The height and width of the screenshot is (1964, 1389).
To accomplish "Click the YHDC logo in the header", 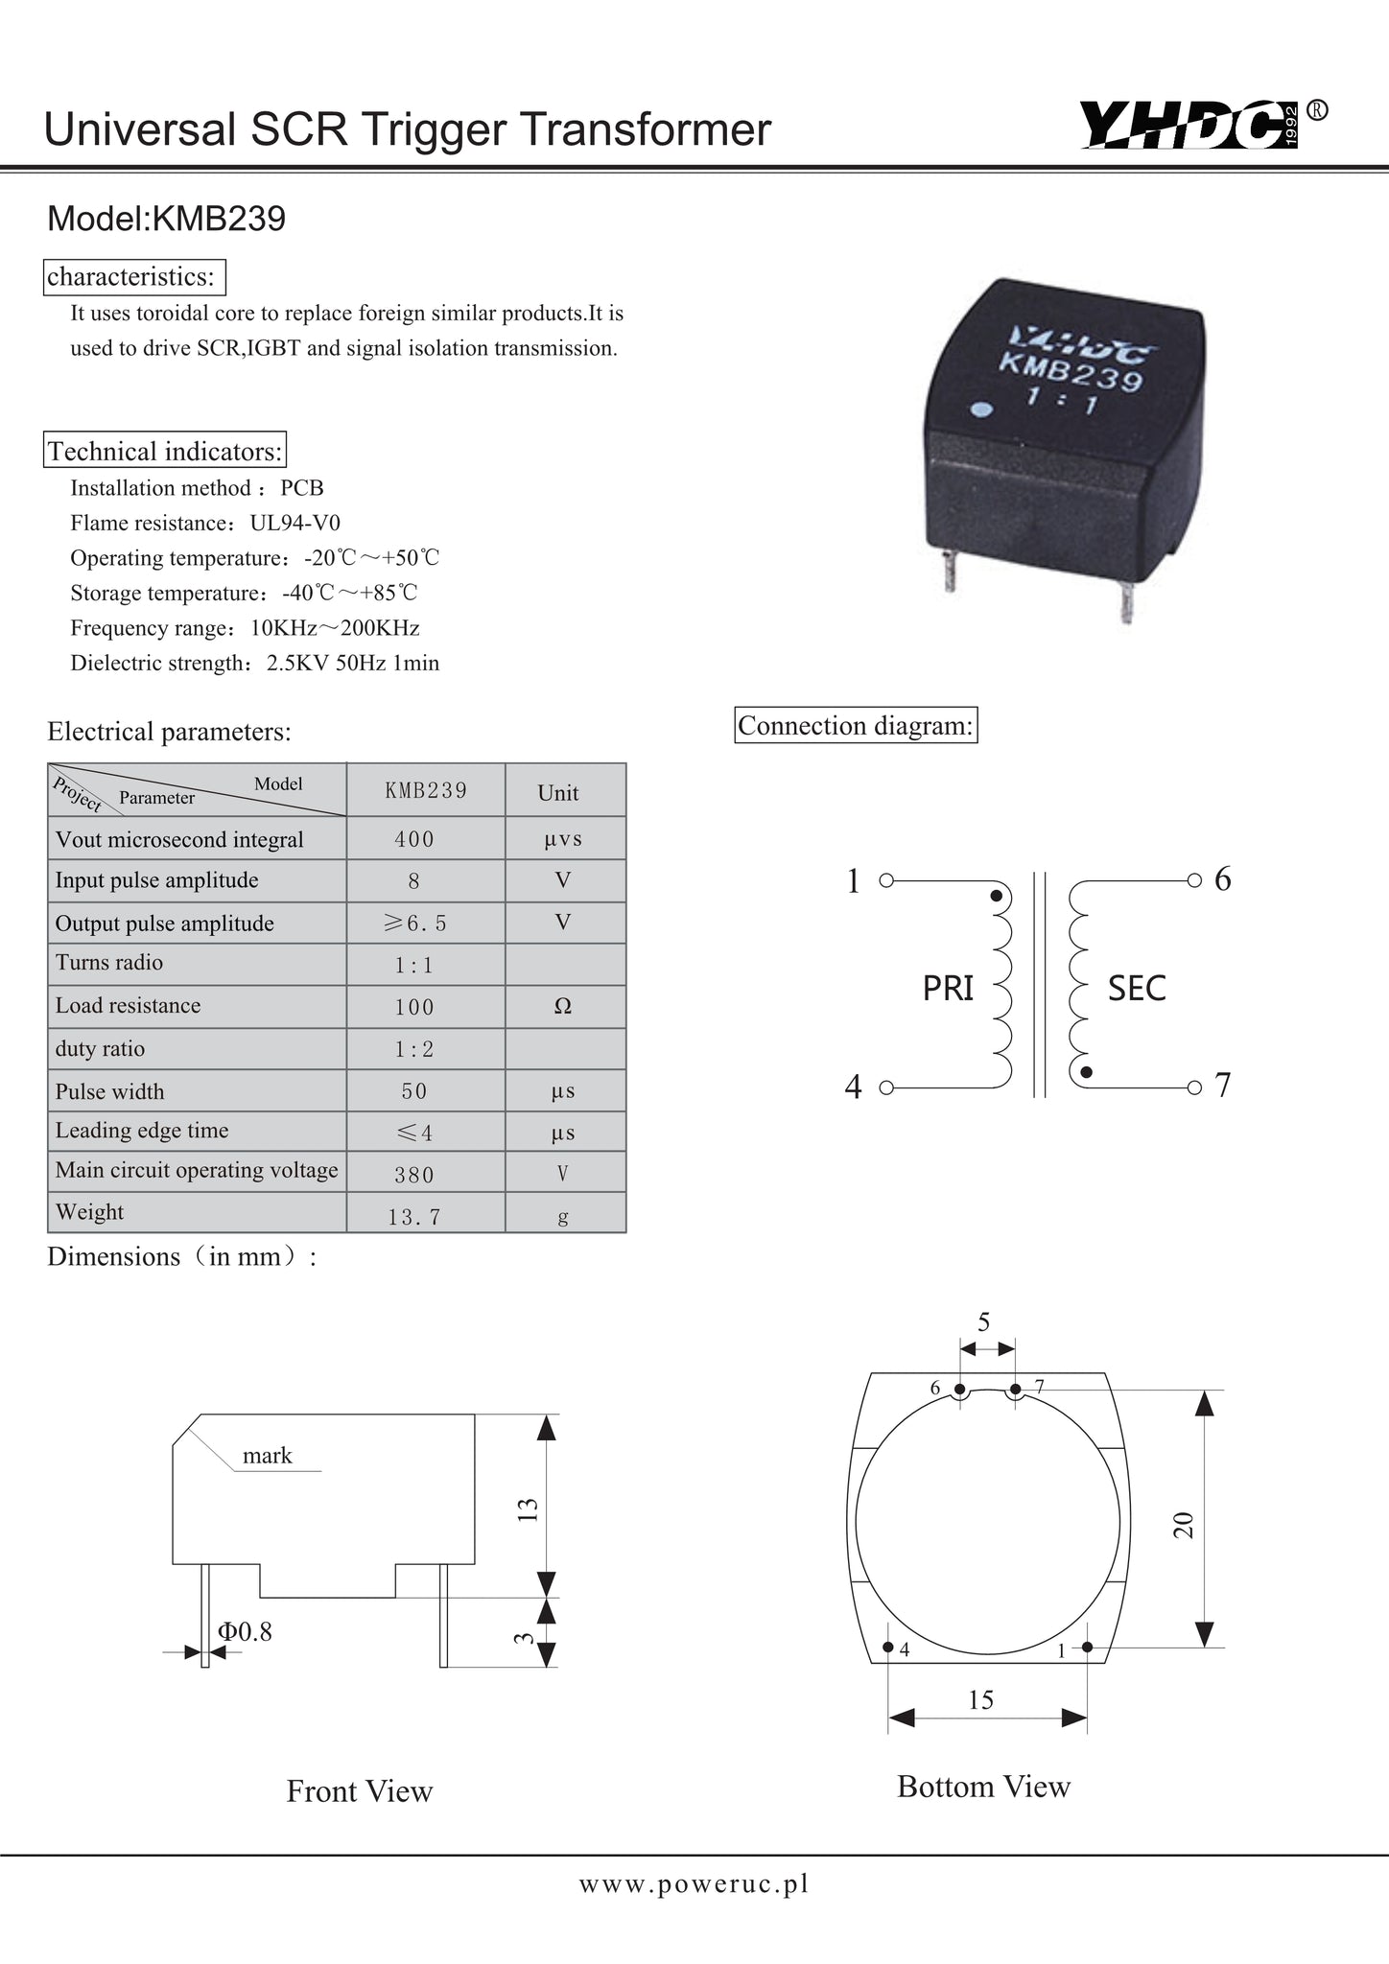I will coord(1194,126).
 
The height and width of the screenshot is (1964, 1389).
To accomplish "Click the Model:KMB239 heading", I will coord(166,220).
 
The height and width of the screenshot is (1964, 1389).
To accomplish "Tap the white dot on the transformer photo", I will coord(980,411).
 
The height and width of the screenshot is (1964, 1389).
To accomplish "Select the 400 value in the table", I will coord(414,839).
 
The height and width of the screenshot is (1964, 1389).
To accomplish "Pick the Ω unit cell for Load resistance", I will coord(563,1006).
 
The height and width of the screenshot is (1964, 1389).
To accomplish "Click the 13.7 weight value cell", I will coord(414,1217).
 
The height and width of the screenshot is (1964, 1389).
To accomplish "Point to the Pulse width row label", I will coord(109,1091).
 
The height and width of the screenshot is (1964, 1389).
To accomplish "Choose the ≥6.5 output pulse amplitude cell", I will coord(414,923).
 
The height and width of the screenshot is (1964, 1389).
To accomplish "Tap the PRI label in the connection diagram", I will coord(948,988).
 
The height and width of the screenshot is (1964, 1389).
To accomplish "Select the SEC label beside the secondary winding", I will coord(1137,988).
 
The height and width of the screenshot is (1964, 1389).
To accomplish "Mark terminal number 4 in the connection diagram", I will coord(853,1087).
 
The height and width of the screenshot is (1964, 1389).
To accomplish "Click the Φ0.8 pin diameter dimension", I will coord(245,1631).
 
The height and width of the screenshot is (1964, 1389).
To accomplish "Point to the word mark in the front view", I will coord(267,1456).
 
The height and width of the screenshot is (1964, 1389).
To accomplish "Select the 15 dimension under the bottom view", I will coord(980,1700).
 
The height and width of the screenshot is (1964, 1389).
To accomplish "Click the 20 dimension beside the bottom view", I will coord(1184,1525).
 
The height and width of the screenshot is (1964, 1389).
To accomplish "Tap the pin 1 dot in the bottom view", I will coord(1087,1648).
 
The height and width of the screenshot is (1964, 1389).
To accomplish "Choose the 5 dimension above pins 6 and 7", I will coord(984,1322).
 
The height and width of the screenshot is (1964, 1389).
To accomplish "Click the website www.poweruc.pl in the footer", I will coord(694,1883).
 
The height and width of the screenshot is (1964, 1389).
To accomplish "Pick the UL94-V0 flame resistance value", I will coord(295,523).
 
